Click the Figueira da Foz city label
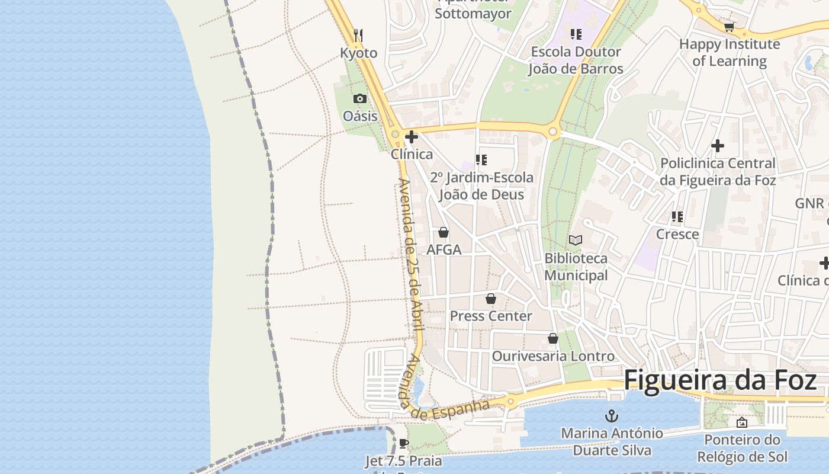720,380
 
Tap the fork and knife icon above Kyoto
358,35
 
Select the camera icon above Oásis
359,98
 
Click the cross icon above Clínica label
412,137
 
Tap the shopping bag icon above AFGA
444,232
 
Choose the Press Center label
491,316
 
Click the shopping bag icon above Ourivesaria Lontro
553,338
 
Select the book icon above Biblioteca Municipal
576,240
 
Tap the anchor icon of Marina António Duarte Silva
610,416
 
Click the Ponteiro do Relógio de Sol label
742,449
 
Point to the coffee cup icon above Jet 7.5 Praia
404,443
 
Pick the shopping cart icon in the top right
729,27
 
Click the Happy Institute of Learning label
729,53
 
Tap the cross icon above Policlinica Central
718,145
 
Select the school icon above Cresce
677,217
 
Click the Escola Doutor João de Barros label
576,60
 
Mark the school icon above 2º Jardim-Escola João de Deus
481,159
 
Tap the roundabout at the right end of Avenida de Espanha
510,402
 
